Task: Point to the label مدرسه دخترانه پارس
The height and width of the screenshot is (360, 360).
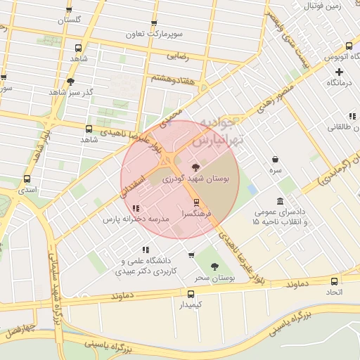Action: [136, 219]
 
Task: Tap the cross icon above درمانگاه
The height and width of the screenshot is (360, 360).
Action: [339, 72]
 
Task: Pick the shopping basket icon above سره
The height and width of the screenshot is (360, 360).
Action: [275, 159]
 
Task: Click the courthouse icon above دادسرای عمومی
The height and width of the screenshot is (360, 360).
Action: [281, 202]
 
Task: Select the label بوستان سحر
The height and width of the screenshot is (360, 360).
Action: [214, 278]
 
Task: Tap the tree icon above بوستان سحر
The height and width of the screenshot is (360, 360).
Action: [214, 266]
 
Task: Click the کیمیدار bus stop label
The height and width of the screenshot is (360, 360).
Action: [190, 305]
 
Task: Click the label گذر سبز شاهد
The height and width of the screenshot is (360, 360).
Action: [70, 92]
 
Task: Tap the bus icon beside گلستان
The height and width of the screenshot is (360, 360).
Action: [69, 10]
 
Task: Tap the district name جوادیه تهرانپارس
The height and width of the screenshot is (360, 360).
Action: [221, 131]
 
